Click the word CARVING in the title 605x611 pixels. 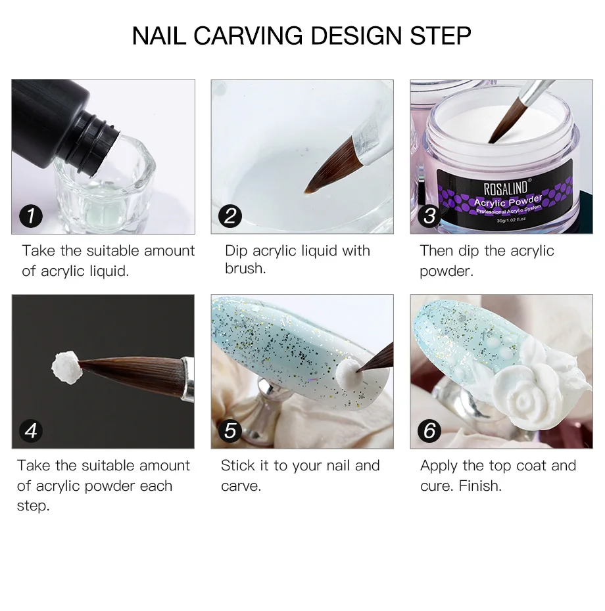(248, 36)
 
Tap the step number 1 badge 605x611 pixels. (31, 216)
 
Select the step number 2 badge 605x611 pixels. (230, 216)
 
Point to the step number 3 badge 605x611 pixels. (429, 216)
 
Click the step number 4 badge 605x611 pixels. (31, 430)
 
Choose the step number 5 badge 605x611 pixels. (230, 430)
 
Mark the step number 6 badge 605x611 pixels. (429, 430)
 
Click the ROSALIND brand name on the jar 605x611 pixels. (506, 189)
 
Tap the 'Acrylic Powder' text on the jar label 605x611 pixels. (508, 201)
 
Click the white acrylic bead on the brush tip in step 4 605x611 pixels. (66, 367)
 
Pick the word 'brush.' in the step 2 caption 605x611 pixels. (245, 268)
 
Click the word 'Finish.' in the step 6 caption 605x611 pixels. (480, 486)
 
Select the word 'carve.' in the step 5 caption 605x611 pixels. (241, 486)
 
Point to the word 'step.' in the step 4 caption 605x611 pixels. (33, 506)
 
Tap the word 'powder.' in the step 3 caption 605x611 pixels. (447, 271)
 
